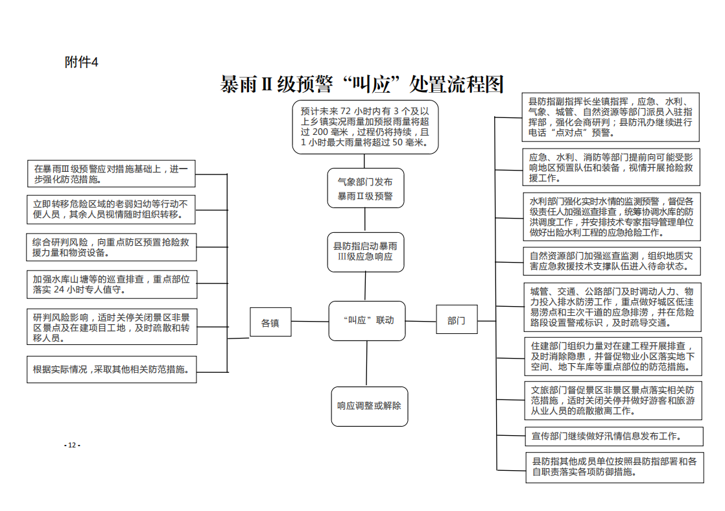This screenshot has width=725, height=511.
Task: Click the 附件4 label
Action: (x=81, y=62)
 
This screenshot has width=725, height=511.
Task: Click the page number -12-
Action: (x=72, y=445)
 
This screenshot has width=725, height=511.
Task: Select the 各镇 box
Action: (x=270, y=322)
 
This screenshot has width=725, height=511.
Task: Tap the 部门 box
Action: (x=457, y=320)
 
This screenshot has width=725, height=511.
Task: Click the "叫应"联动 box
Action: (x=367, y=320)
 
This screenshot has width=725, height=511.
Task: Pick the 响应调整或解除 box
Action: (x=370, y=406)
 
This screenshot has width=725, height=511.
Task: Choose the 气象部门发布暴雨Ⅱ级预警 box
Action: (x=365, y=188)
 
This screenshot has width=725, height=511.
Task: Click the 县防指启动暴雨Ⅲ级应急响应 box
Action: (x=366, y=252)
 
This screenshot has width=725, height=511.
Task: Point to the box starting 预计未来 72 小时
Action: (x=365, y=126)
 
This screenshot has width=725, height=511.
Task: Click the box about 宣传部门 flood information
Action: (x=614, y=436)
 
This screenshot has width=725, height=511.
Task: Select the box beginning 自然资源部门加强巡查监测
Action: (x=612, y=261)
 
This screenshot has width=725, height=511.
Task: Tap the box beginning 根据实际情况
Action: (x=112, y=369)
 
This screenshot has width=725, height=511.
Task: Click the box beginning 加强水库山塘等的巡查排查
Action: (x=112, y=285)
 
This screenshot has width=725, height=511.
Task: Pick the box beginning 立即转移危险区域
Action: (x=111, y=209)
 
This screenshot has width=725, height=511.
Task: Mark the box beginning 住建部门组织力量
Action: (x=613, y=357)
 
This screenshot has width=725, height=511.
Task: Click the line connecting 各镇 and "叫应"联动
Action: (x=310, y=322)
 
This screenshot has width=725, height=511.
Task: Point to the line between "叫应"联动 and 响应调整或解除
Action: (x=366, y=364)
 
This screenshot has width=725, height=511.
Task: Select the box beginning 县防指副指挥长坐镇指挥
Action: (x=610, y=117)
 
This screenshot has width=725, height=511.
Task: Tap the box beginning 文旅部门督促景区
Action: (x=613, y=401)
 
